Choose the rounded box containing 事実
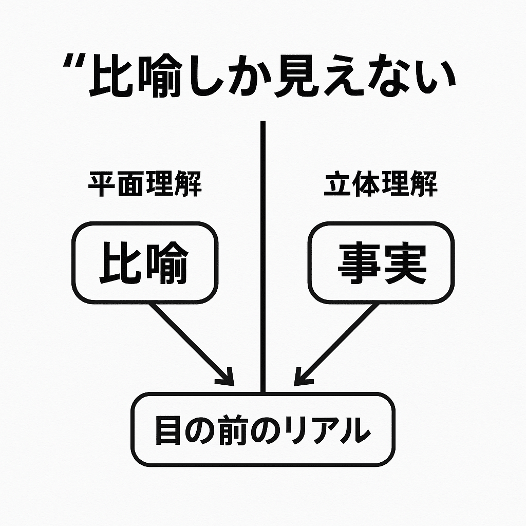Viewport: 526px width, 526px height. click(x=381, y=262)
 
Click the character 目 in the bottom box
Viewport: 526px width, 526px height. click(x=166, y=430)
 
